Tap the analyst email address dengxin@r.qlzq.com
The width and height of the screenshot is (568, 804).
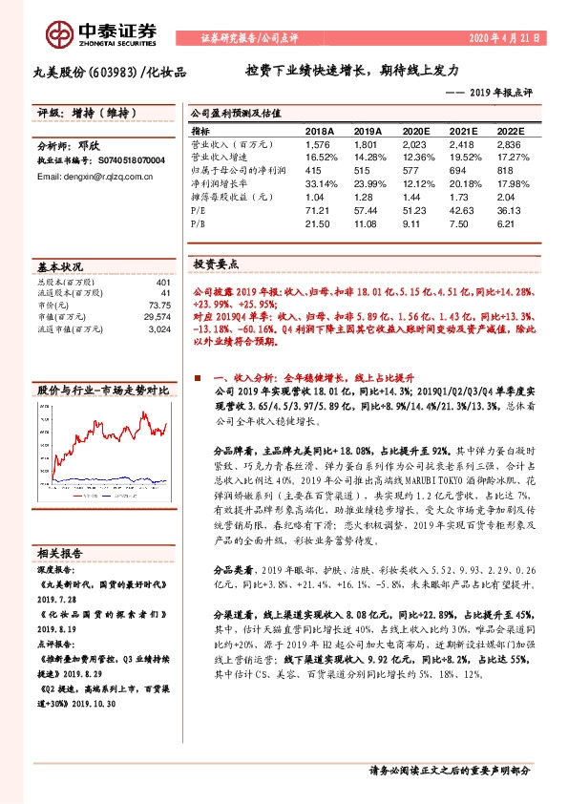point(98,177)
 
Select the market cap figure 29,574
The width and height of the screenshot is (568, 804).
point(156,315)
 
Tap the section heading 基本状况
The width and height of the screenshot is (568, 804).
point(59,268)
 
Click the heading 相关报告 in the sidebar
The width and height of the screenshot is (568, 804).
point(59,553)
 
